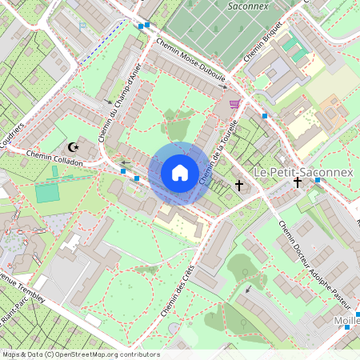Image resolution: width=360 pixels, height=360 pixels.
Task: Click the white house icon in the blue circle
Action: [x=180, y=172]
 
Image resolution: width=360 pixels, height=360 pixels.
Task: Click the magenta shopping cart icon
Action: [x=234, y=104]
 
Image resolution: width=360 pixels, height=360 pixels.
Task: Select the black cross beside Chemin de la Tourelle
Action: [x=238, y=186]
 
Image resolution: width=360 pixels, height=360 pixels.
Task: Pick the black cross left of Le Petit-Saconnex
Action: [x=298, y=182]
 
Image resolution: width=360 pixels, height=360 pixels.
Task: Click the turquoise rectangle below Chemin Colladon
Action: [x=47, y=193]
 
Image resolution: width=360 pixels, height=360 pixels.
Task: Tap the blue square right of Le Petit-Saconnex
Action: [x=318, y=179]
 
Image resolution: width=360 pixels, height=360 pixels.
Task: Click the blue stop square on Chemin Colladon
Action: [x=137, y=178]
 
